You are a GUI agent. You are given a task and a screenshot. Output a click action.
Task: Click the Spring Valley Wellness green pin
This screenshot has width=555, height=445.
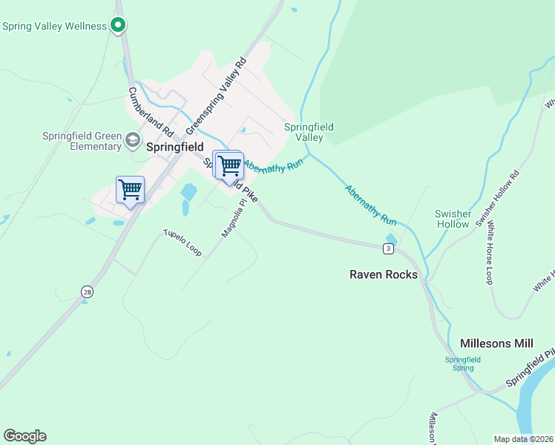click(117, 26)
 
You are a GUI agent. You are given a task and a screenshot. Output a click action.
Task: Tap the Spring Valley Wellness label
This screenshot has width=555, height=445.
click(55, 26)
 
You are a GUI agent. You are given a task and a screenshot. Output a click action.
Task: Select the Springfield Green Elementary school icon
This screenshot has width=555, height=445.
click(133, 139)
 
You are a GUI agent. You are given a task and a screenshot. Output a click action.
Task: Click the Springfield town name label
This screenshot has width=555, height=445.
click(174, 147)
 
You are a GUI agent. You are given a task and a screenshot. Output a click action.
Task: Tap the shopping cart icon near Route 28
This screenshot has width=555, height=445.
click(130, 190)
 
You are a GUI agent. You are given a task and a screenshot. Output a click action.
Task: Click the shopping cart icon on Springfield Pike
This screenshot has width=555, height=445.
click(229, 165)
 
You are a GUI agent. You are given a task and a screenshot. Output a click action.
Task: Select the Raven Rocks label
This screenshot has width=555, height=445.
click(384, 274)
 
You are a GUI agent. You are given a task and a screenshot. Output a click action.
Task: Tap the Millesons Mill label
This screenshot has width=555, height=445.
click(496, 343)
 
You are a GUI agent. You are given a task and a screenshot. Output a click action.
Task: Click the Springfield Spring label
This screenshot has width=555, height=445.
click(463, 363)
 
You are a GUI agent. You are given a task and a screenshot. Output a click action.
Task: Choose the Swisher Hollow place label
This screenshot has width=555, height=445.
click(453, 219)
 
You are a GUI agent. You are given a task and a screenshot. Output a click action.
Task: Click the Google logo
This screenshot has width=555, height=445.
click(24, 436)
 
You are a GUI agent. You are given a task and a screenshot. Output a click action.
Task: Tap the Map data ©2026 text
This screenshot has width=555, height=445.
click(523, 439)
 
